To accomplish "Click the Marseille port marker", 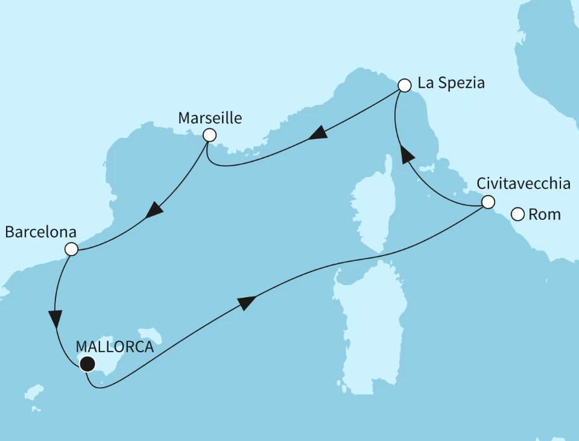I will coord(209,135).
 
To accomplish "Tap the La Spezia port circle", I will coord(405,85).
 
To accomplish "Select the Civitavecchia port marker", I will coord(488,202).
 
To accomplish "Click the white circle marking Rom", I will coord(517,214).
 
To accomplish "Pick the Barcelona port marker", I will coord(71,249).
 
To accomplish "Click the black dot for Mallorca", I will coord(87,364).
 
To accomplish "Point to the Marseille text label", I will coord(210,118).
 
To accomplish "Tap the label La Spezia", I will coord(451,83).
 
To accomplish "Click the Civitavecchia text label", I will coord(523,183).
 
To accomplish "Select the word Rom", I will coord(544,214).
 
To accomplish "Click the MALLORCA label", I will coord(115,347).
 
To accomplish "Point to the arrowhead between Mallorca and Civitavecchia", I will coord(247,303).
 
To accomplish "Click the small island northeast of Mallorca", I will coord(151,336).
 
